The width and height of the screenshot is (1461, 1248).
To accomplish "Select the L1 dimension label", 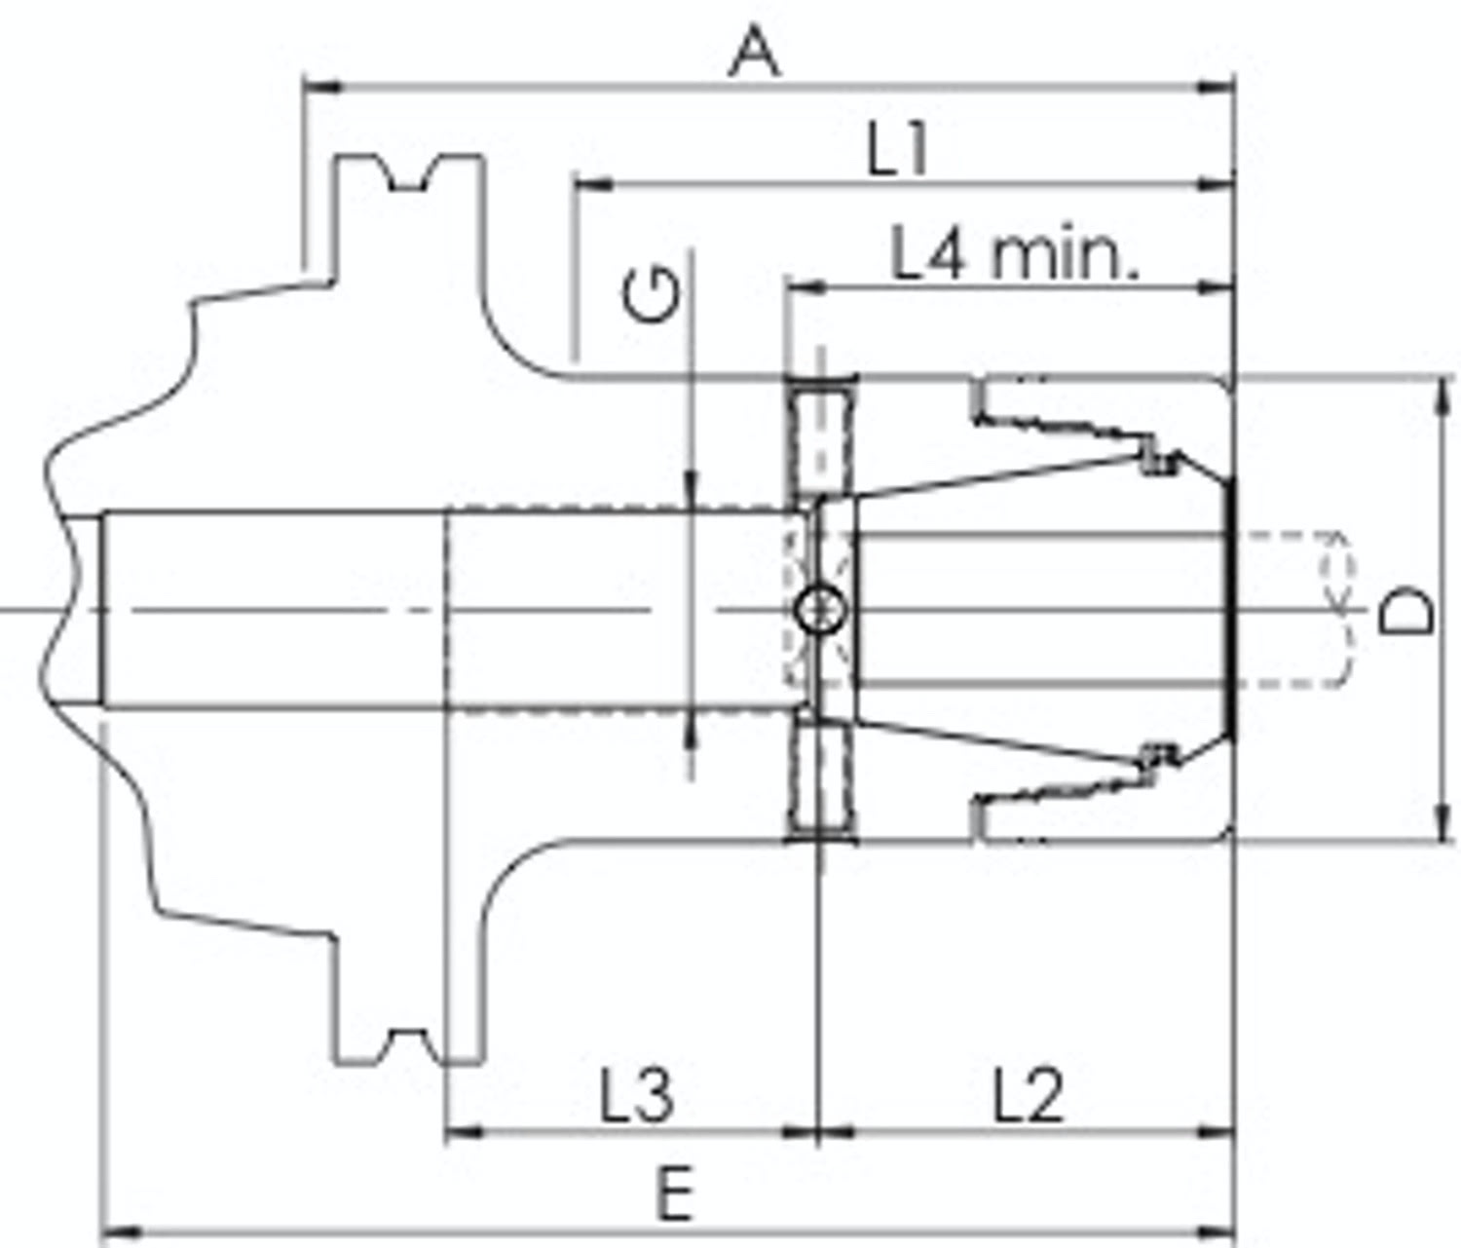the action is [x=896, y=152].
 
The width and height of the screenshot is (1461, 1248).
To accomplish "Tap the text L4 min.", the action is [x=1014, y=252].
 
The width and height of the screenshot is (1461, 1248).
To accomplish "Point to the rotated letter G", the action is [x=651, y=295].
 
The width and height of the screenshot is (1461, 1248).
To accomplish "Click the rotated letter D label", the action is [x=1406, y=610].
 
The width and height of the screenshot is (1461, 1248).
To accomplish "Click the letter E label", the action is [x=675, y=1195].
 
